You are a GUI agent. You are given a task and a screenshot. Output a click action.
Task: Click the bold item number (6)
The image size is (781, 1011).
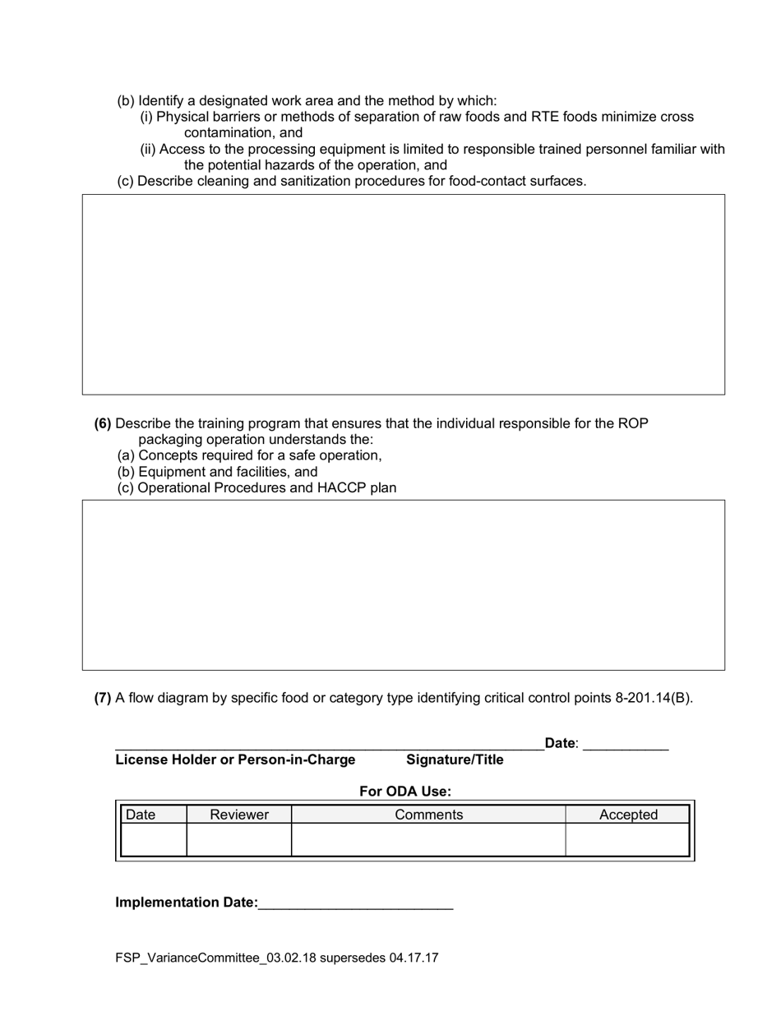tap(103, 424)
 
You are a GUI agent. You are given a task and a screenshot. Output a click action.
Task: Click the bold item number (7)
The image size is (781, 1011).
tap(103, 699)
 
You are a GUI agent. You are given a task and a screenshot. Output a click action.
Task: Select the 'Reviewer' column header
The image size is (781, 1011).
tap(239, 815)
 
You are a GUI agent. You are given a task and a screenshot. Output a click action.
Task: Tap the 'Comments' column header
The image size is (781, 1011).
tap(428, 815)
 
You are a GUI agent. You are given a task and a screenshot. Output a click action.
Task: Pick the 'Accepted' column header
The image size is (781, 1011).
tap(628, 815)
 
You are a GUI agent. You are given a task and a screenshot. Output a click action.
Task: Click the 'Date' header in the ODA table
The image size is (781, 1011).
tap(141, 815)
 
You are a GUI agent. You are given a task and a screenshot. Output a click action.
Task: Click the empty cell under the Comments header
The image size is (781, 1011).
tap(428, 840)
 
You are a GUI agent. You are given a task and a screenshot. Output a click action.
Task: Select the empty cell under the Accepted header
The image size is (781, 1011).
tap(628, 840)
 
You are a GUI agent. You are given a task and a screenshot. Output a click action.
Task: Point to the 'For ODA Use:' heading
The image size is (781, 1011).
tap(405, 792)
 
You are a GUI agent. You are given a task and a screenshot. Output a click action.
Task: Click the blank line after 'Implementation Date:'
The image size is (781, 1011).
tap(355, 903)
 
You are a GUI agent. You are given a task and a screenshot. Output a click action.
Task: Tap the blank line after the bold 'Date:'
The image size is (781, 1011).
tap(626, 745)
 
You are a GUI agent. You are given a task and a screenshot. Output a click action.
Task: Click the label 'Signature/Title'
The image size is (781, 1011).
tap(455, 760)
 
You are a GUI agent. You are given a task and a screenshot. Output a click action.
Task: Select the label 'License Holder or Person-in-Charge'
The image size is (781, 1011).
tap(235, 760)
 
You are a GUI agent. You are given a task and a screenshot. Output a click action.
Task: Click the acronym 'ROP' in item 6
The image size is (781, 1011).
tap(633, 424)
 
